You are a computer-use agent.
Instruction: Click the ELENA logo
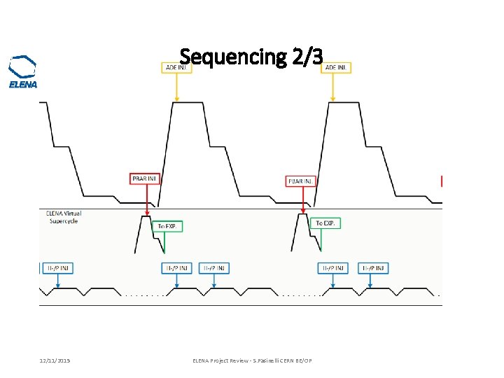pos(22,72)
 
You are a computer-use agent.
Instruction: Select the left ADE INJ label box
pos(175,67)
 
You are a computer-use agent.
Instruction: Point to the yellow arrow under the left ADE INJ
pos(177,87)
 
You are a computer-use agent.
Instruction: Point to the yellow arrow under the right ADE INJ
pos(333,87)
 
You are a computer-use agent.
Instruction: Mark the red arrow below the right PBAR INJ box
pos(303,201)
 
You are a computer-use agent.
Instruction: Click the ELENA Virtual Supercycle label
pos(64,217)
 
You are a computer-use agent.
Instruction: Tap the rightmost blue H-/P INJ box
pos(374,267)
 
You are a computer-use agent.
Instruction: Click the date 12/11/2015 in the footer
pos(54,360)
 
